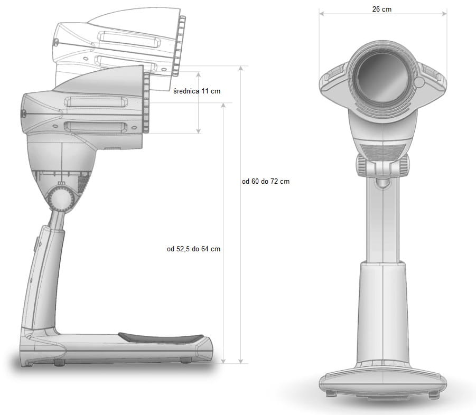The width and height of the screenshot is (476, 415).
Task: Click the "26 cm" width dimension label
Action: click(x=381, y=9)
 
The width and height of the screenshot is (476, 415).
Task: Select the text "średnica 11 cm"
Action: click(x=197, y=91)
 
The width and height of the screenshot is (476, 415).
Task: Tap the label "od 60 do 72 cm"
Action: click(x=266, y=182)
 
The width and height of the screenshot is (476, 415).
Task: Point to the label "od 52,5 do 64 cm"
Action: click(x=194, y=249)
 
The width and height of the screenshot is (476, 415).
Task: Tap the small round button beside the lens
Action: click(x=419, y=82)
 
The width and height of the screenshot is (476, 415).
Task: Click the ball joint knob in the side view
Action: click(x=61, y=199)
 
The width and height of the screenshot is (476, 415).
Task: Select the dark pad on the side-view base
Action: click(x=161, y=338)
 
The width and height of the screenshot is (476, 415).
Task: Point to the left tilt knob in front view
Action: click(x=361, y=165)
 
